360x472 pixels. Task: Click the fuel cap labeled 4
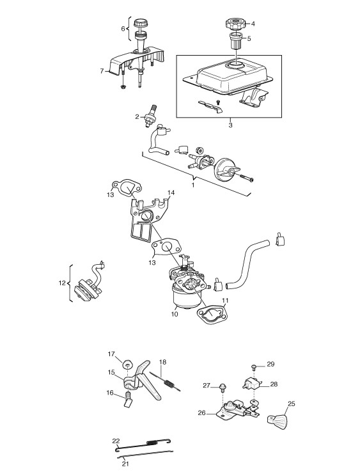coord(236,24)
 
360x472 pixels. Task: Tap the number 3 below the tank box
coord(230,125)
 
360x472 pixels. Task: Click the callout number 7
coord(102,71)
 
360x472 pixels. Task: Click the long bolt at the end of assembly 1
coord(247,178)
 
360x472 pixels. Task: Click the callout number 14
coord(171,193)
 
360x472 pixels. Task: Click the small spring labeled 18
coord(166,381)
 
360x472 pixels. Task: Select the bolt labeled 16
coord(129,400)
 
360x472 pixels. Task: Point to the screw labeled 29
coord(254,367)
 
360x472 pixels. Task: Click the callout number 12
coord(62,283)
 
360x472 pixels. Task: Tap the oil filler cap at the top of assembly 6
coord(140,23)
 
